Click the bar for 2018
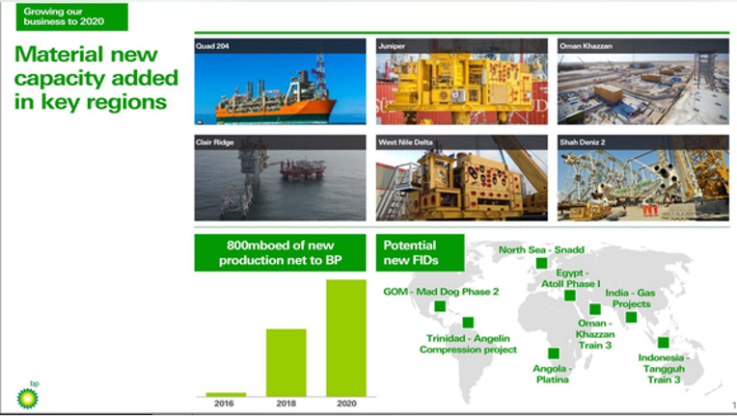286,362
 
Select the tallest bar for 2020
346,338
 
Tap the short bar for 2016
226,395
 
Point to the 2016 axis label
224,403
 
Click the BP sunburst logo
27,398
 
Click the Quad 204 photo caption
212,46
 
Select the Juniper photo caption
392,46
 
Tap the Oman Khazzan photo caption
586,46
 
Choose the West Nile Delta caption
405,143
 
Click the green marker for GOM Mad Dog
440,306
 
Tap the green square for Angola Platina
554,353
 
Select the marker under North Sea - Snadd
541,263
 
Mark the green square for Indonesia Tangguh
664,343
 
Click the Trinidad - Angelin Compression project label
468,344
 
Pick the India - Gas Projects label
630,299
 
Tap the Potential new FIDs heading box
421,253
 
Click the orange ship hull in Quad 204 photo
276,109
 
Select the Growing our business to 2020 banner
72,17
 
